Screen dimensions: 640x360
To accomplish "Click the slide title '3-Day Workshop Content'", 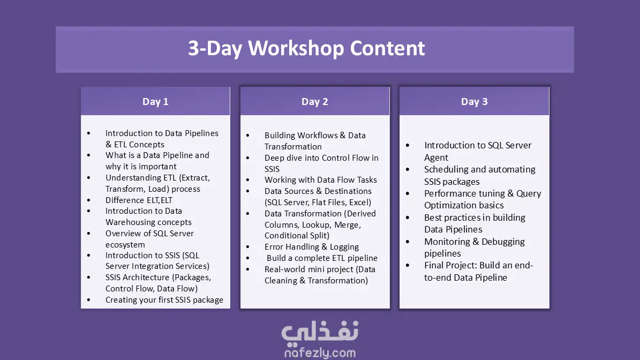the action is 306,49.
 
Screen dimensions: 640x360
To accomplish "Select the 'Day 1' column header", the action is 155,102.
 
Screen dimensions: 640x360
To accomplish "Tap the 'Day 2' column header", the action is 315,102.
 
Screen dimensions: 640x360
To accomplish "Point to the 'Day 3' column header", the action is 475,102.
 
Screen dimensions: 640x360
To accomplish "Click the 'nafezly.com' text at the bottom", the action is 320,352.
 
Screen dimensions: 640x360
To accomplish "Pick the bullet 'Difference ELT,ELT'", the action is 139,200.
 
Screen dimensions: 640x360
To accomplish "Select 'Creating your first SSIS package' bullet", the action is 164,299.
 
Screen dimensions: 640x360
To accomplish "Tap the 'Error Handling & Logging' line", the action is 311,246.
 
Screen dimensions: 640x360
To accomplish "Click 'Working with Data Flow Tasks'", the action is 320,179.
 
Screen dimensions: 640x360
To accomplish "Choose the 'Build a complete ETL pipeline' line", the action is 322,258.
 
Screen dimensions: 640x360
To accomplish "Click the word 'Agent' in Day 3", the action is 436,157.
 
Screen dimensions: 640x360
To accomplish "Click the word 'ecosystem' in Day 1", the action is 125,244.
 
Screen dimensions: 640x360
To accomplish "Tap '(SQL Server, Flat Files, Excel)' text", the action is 318,202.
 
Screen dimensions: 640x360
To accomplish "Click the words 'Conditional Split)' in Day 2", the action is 297,236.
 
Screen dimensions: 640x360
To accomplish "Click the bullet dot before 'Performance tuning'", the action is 408,193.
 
